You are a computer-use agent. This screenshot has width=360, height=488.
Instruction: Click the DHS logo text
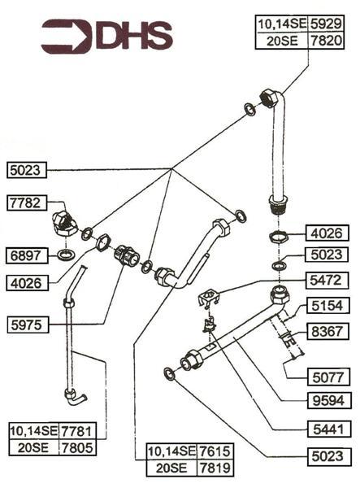(135, 36)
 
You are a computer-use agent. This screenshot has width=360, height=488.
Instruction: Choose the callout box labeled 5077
(329, 377)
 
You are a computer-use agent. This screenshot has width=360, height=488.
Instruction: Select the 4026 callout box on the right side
(329, 233)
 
